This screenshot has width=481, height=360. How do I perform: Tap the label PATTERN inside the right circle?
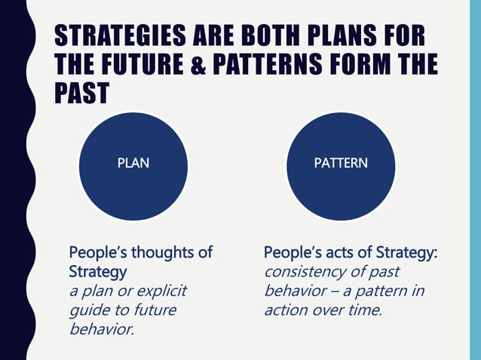[341, 162]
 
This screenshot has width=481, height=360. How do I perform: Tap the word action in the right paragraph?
[285, 309]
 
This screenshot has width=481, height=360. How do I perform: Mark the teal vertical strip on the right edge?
[475, 181]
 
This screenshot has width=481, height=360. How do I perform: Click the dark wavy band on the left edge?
[14, 181]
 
